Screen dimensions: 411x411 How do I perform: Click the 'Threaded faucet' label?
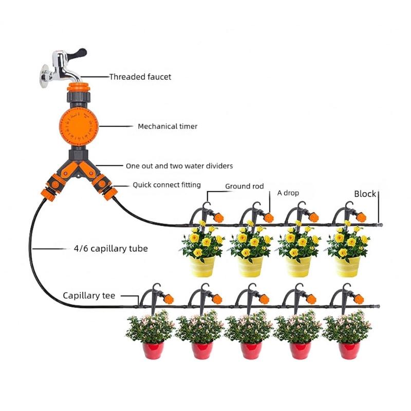(x=140, y=77)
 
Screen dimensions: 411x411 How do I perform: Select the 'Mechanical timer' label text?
(x=167, y=126)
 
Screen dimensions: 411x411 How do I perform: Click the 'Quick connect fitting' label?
(x=166, y=184)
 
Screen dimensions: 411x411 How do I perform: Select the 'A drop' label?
(x=288, y=193)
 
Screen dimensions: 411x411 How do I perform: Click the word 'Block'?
(x=365, y=194)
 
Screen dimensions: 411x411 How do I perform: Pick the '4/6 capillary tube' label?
(x=110, y=249)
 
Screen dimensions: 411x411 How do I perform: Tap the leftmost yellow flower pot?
(x=202, y=266)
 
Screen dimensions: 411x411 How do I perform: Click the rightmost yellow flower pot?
(x=348, y=266)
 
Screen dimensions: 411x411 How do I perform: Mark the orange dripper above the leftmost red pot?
(x=168, y=298)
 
